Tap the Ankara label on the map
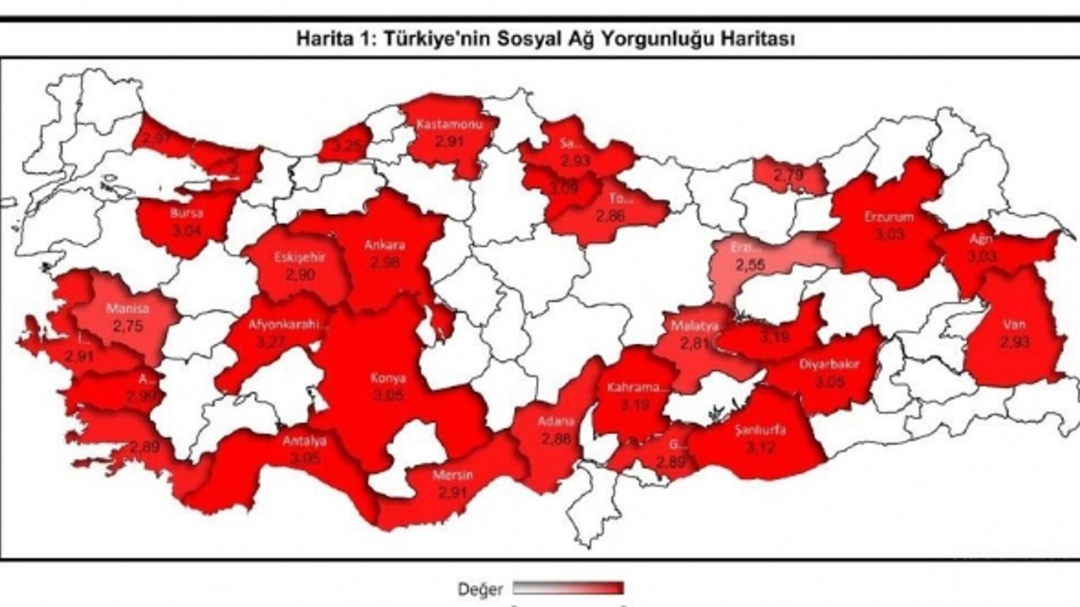(385, 246)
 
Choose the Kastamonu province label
(448, 125)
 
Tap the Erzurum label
(884, 217)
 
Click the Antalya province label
(304, 440)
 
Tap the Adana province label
(558, 421)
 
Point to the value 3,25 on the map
(347, 146)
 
